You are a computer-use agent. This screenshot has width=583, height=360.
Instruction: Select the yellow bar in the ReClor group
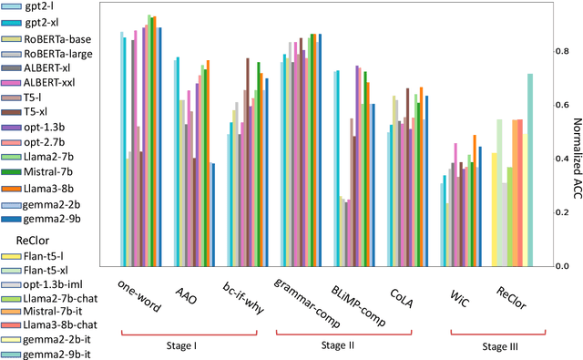[495, 210]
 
